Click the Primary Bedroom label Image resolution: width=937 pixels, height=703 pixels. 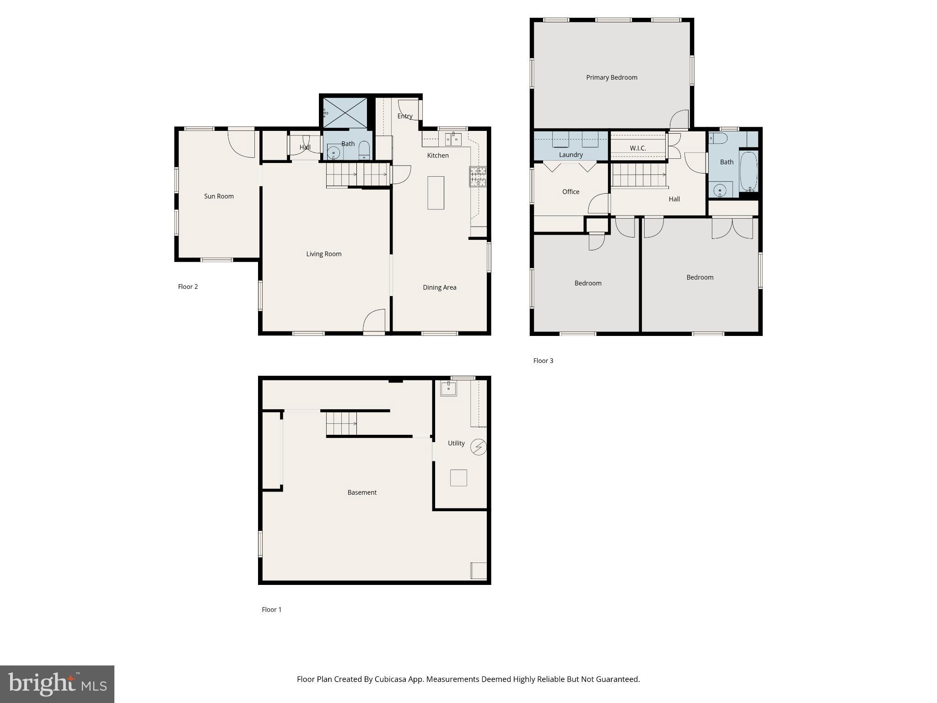pos(611,77)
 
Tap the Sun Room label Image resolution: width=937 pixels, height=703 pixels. pos(219,196)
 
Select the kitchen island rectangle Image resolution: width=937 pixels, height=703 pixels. pos(436,193)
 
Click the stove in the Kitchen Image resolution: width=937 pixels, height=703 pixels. pos(478,177)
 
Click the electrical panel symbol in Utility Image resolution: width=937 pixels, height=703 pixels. pos(479,447)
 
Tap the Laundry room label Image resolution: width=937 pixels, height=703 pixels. pos(571,155)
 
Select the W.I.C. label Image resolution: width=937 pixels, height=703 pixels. pos(638,148)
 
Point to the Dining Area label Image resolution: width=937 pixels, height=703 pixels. pos(439,287)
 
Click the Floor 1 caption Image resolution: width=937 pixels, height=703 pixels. pos(271,610)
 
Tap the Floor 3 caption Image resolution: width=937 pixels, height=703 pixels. pos(543,361)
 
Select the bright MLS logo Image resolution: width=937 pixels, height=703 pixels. pos(57,684)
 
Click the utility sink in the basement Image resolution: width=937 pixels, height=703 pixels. pos(448,388)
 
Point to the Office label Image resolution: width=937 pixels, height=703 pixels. pos(571,192)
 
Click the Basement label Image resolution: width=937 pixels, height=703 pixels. pos(362,492)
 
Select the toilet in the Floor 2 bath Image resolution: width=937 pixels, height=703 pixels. pos(364,150)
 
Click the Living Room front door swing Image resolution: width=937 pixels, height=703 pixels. pos(375,320)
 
